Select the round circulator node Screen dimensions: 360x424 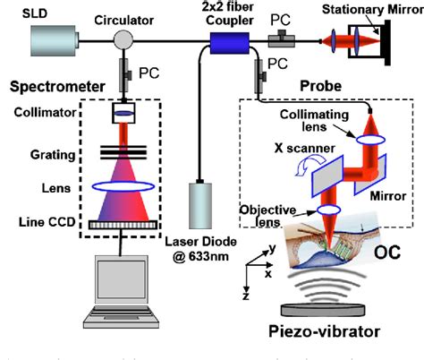click(x=125, y=39)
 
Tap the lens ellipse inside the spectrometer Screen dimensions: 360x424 click(x=126, y=187)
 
